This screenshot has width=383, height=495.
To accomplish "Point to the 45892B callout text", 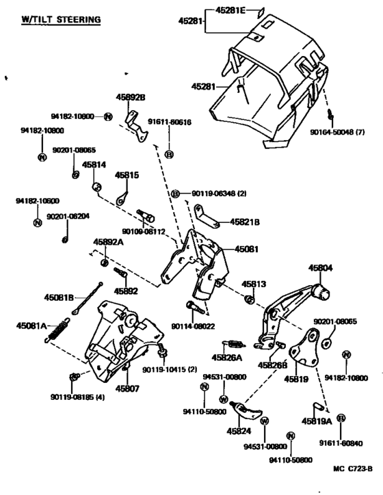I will point(131,97).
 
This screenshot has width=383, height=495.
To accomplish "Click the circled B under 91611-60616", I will point(170,154).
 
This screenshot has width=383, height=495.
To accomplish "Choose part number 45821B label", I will point(245,222).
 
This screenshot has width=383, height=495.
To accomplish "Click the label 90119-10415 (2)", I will point(169,370).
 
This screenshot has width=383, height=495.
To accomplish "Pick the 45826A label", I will point(226,358).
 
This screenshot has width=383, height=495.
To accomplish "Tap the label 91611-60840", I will point(341,444).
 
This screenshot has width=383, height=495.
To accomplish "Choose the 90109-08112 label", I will point(144,231).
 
